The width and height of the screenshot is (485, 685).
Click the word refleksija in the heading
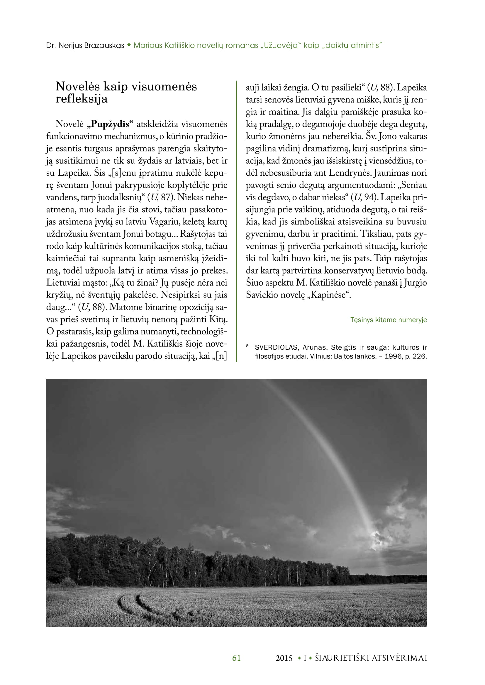(x=81, y=99)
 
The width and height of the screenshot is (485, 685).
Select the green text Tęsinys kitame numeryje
(x=388, y=320)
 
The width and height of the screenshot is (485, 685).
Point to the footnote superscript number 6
(x=247, y=346)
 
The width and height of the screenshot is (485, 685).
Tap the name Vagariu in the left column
(x=164, y=222)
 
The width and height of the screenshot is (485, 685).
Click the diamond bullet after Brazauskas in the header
(x=129, y=45)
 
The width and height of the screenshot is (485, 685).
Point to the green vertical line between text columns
(x=237, y=221)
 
